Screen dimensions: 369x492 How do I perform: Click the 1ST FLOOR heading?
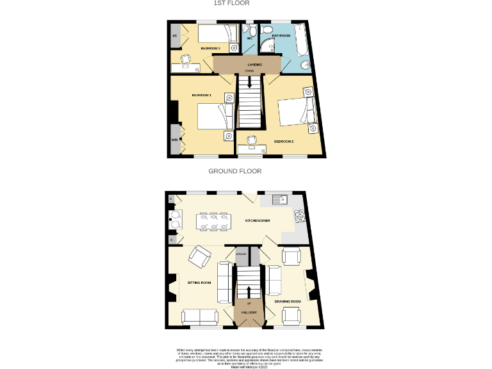pyautogui.click(x=236, y=3)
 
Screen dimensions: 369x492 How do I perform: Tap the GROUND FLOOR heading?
pyautogui.click(x=235, y=171)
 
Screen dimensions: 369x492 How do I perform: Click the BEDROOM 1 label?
pyautogui.click(x=201, y=95)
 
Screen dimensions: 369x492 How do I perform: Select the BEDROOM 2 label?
pyautogui.click(x=284, y=141)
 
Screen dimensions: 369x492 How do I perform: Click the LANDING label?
pyautogui.click(x=255, y=65)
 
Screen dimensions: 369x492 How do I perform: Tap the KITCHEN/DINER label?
pyautogui.click(x=258, y=221)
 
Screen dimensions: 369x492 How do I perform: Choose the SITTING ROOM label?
pyautogui.click(x=199, y=283)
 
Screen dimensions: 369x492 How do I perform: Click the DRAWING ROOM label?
pyautogui.click(x=288, y=302)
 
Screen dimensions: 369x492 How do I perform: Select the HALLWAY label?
pyautogui.click(x=249, y=312)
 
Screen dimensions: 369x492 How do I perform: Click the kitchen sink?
pyautogui.click(x=279, y=200)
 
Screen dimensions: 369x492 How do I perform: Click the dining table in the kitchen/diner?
pyautogui.click(x=211, y=222)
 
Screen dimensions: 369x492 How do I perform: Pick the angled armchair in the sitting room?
pyautogui.click(x=199, y=258)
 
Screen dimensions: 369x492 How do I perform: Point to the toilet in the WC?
pyautogui.click(x=252, y=33)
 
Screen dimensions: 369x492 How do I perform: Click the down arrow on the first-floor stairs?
pyautogui.click(x=249, y=81)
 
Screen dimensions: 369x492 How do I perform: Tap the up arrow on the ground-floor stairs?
pyautogui.click(x=249, y=291)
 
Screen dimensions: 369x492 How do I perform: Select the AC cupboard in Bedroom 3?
pyautogui.click(x=174, y=36)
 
